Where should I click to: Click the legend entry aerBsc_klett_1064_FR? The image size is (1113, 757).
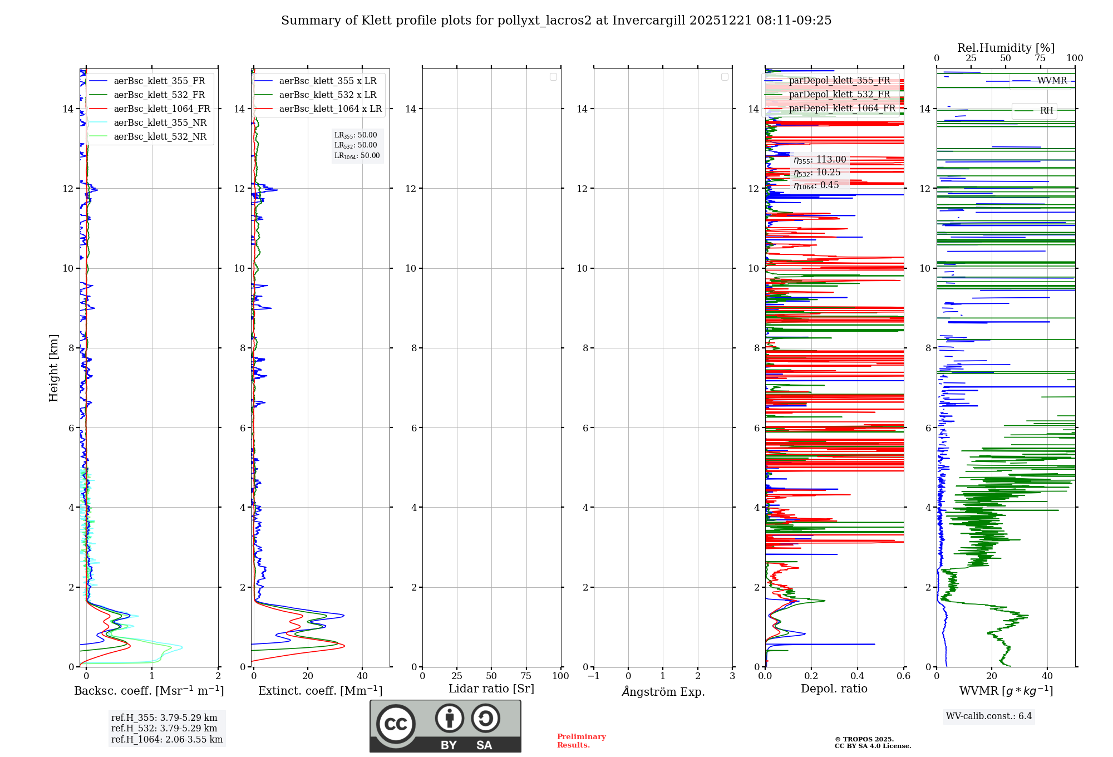click(161, 109)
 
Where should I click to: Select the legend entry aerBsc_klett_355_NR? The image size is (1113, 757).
click(160, 123)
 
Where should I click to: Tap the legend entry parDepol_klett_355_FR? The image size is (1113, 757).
click(839, 81)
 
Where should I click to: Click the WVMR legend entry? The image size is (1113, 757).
click(1051, 81)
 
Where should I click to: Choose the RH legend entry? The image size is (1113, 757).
click(1046, 111)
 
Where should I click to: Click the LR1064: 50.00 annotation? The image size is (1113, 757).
click(357, 156)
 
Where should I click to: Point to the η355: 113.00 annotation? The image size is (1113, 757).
click(820, 160)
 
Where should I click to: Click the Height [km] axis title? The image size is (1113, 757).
click(53, 368)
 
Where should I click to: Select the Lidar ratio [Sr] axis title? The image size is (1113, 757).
click(491, 689)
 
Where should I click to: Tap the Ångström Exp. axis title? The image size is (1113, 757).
click(663, 692)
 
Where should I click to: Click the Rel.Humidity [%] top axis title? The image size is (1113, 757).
click(1006, 48)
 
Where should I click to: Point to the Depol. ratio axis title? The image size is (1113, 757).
click(834, 689)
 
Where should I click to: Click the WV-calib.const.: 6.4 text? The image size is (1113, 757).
click(988, 716)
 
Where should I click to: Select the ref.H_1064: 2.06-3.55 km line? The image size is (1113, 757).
click(166, 740)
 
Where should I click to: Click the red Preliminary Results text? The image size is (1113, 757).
click(581, 741)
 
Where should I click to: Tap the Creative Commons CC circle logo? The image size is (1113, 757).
click(396, 724)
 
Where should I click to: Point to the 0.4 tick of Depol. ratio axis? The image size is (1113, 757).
click(858, 676)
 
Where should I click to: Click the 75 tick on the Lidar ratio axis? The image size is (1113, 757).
click(526, 676)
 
